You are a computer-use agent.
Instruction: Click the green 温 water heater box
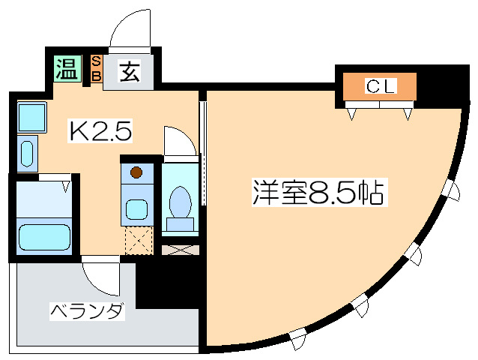coord(66,70)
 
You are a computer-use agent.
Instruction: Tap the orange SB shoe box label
coord(97,69)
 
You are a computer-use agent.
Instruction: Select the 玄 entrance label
coord(130,72)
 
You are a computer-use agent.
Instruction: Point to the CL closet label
coord(380,86)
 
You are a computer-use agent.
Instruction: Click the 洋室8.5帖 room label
coord(318,193)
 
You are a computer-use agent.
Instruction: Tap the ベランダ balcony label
coord(87,310)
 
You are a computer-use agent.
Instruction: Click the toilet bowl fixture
coord(180,203)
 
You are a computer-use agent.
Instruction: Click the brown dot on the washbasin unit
coord(136,172)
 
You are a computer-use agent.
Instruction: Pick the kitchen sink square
coord(31,116)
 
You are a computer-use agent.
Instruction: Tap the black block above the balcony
coord(166,283)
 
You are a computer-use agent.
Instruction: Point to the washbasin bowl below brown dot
coord(136,208)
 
